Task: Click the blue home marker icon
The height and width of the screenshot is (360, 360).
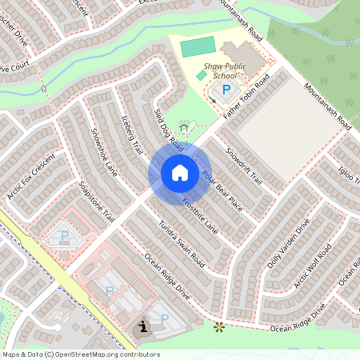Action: (180, 173)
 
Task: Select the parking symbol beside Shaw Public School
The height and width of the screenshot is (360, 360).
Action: (226, 90)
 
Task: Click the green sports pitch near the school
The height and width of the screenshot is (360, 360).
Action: (198, 46)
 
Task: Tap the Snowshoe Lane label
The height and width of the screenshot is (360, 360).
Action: (104, 152)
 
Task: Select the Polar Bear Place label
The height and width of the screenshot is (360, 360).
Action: (222, 190)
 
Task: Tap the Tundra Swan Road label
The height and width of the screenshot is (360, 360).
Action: (182, 244)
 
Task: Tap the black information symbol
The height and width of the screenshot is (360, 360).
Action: (142, 326)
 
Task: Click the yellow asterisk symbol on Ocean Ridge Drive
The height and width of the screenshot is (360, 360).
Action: (218, 326)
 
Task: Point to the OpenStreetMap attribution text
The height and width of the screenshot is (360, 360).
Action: (81, 354)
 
